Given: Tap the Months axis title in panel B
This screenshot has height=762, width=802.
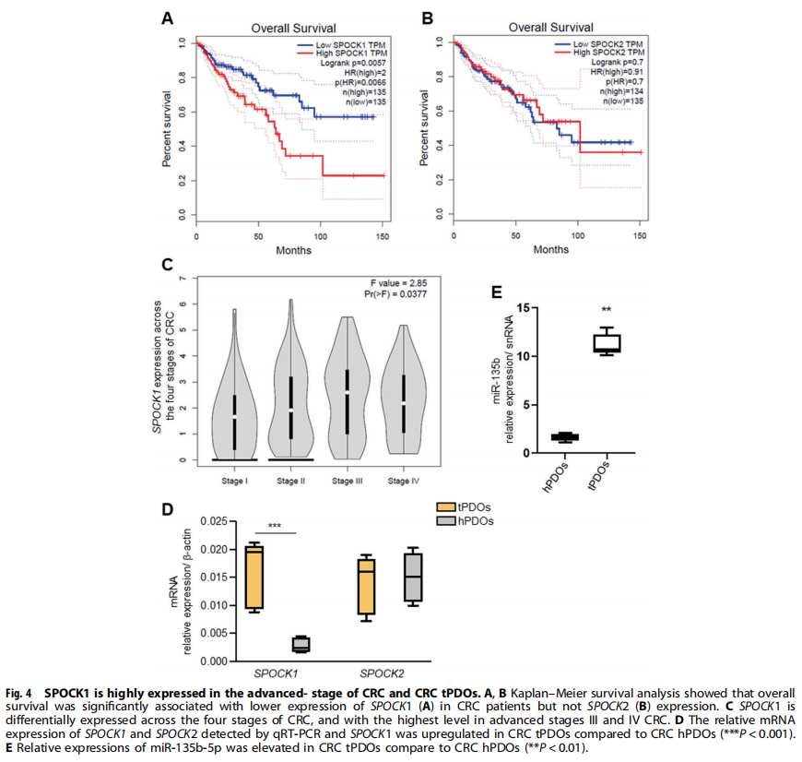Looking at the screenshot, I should point(550,249).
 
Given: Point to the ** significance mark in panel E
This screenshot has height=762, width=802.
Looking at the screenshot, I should point(606,310).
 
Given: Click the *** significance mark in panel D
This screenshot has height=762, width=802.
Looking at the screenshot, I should point(275,526).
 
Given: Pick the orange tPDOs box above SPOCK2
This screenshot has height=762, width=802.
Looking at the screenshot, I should point(367,585).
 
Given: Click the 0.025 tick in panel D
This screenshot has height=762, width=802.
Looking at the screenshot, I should point(211,521).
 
